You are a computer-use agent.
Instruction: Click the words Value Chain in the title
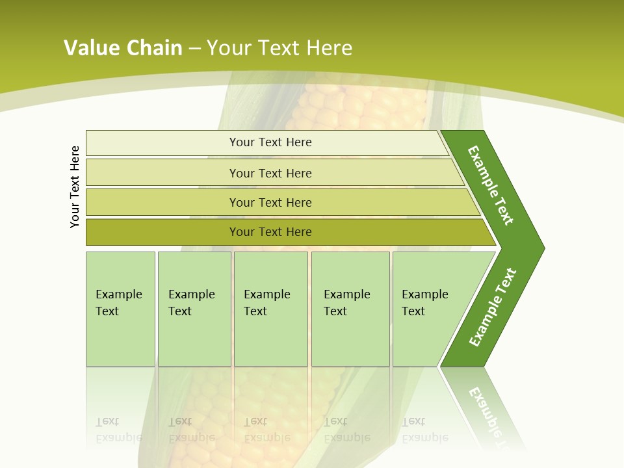point(123,47)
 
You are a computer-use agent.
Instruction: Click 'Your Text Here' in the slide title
point(279,47)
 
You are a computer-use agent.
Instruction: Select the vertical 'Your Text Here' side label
point(75,187)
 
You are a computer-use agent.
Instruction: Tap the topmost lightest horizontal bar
point(270,142)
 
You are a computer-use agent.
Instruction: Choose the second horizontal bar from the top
point(270,173)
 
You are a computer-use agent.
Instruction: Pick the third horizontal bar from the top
point(270,202)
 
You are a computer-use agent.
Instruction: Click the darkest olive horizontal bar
point(270,232)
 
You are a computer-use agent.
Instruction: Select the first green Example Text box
point(120,309)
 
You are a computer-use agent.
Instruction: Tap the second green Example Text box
point(194,309)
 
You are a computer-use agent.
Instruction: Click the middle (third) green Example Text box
point(270,309)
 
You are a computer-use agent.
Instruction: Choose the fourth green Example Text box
point(350,309)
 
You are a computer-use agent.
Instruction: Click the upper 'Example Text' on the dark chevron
point(491,185)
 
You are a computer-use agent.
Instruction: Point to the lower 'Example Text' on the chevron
point(492,307)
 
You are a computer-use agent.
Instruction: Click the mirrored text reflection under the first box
point(119,430)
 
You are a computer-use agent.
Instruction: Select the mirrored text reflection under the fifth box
point(424,430)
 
